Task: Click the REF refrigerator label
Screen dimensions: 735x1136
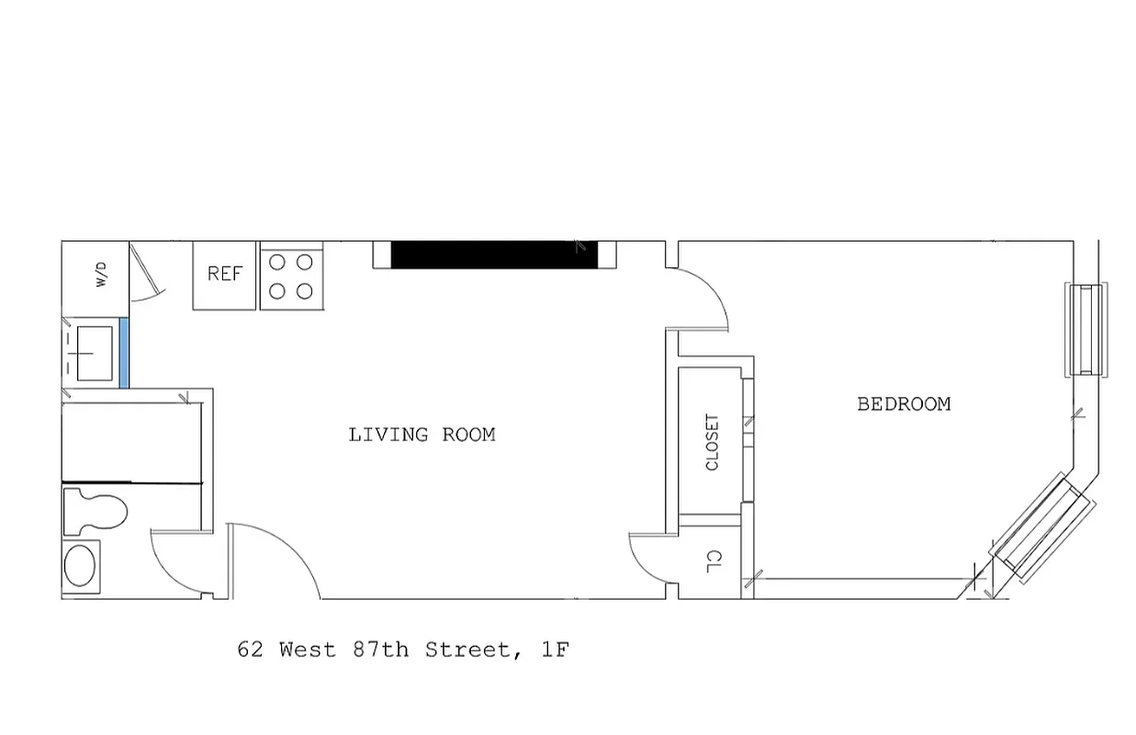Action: (x=224, y=274)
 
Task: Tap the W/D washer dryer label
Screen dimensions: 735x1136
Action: (x=101, y=274)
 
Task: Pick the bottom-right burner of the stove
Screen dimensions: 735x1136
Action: (x=305, y=291)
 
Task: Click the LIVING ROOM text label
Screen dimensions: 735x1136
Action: (x=422, y=435)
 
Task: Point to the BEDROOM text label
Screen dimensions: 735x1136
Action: (x=904, y=403)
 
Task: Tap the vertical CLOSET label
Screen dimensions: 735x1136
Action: (x=713, y=443)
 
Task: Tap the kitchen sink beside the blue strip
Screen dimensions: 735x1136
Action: (x=93, y=351)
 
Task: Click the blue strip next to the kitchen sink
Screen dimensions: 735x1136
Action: (x=123, y=353)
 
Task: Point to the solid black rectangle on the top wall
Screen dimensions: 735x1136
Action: (x=494, y=254)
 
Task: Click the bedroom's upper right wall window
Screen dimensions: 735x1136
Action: (x=1088, y=329)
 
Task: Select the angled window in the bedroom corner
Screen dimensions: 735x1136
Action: (x=1043, y=527)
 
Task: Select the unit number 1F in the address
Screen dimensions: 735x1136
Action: (x=556, y=650)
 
